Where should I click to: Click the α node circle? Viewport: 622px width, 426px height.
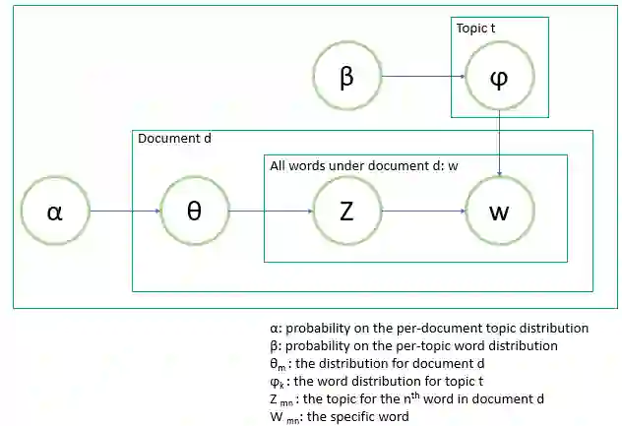(x=55, y=212)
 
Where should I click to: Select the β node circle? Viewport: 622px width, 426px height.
(x=346, y=77)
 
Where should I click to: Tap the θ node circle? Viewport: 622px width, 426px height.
(x=194, y=212)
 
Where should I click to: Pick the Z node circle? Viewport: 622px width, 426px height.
(x=346, y=212)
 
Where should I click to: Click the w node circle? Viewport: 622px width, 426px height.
(x=499, y=212)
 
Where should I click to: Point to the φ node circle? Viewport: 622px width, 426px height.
(x=499, y=77)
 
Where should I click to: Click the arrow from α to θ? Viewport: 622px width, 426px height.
(x=124, y=212)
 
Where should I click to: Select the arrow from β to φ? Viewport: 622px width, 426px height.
(x=422, y=77)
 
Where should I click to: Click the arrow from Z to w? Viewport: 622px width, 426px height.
(x=422, y=212)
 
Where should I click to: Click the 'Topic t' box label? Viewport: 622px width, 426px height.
(x=475, y=29)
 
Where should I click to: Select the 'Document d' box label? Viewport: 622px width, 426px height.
(x=174, y=139)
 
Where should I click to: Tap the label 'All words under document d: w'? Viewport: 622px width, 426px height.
(x=364, y=165)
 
